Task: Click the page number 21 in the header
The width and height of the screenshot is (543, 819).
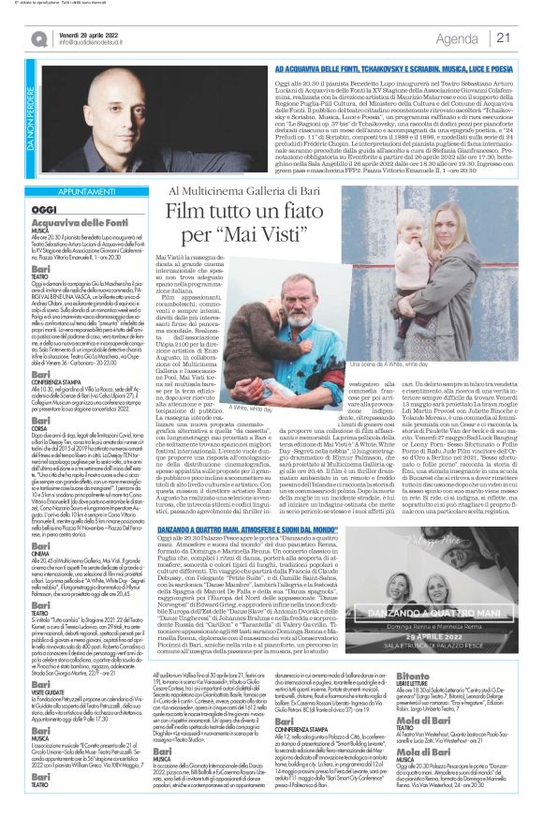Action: [528, 37]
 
